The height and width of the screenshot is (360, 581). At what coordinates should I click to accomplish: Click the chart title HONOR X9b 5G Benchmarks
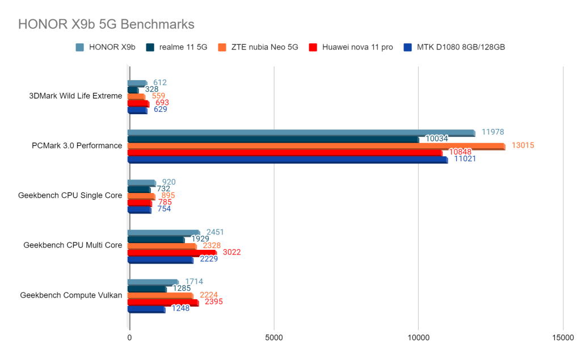[x=106, y=24]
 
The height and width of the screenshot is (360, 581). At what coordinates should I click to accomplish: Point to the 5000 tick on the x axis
[x=274, y=337]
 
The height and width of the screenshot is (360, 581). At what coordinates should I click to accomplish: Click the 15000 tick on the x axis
[x=562, y=337]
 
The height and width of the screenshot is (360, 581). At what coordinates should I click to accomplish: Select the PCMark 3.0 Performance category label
[x=77, y=146]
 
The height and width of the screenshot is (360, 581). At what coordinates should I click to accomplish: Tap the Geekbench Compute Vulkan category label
[x=71, y=295]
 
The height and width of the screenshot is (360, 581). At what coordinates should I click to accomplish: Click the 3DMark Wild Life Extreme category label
[x=75, y=96]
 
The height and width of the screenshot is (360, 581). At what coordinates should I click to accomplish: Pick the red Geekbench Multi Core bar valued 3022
[x=172, y=253]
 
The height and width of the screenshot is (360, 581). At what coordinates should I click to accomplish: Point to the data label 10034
[x=437, y=139]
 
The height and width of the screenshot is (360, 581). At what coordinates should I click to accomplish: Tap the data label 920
[x=169, y=182]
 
